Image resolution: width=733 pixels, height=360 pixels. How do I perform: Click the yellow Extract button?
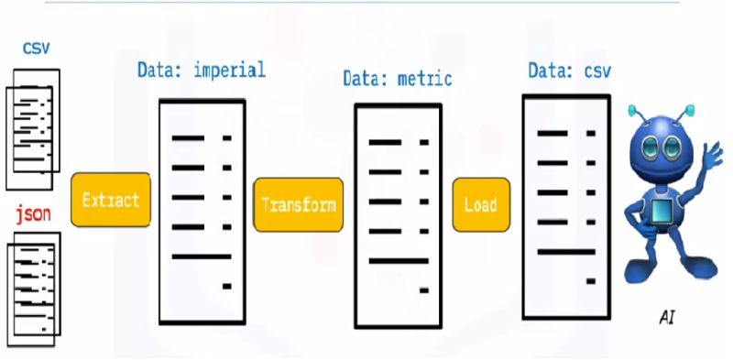click(111, 200)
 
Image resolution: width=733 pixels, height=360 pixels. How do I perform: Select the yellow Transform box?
click(299, 203)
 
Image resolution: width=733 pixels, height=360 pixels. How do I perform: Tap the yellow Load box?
click(480, 204)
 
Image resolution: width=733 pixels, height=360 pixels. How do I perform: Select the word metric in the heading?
click(424, 78)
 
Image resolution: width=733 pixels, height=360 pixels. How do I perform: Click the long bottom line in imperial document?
click(202, 256)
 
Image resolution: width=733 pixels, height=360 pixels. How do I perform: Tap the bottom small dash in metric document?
click(424, 290)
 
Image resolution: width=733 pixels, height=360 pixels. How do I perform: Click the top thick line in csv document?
click(552, 133)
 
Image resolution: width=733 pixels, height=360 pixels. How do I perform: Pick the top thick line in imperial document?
click(188, 138)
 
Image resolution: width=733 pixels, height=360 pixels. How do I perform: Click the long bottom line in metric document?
click(399, 261)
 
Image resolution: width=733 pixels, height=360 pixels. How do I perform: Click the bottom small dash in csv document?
click(592, 280)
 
